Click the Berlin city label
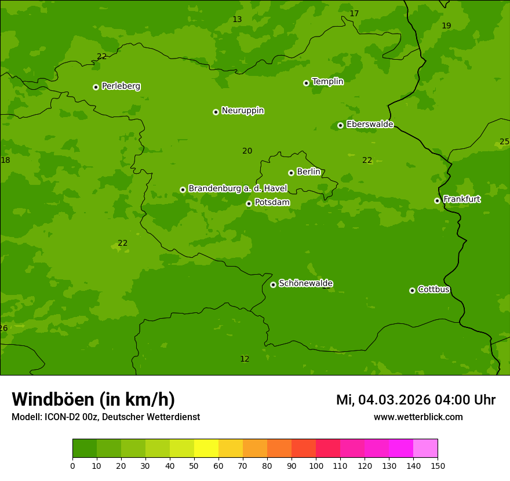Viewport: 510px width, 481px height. pos(308,172)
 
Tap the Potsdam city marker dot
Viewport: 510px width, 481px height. pos(249,203)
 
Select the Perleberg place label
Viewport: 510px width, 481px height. pos(121,86)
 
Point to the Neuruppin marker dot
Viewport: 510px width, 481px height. pos(216,112)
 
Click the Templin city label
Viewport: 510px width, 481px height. pos(327,82)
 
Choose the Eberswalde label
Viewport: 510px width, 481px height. pos(370,125)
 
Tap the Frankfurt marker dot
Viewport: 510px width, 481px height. pos(437,201)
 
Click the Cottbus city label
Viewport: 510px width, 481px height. pos(434,290)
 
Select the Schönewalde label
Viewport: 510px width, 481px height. pos(305,283)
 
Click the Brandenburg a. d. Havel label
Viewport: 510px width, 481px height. pos(238,189)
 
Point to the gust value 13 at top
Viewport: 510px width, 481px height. pos(237,20)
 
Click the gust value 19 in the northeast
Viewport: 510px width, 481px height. pos(446,26)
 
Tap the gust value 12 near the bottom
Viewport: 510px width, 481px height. pos(245,359)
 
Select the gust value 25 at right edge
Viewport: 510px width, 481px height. pos(504,142)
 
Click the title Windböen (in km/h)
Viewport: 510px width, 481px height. pos(93,399)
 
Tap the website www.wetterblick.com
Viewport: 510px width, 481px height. pos(418,417)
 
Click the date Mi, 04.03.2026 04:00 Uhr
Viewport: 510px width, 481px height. pos(416,400)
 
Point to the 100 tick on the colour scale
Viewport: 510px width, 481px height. pos(316,465)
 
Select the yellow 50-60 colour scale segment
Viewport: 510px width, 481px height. pos(206,449)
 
